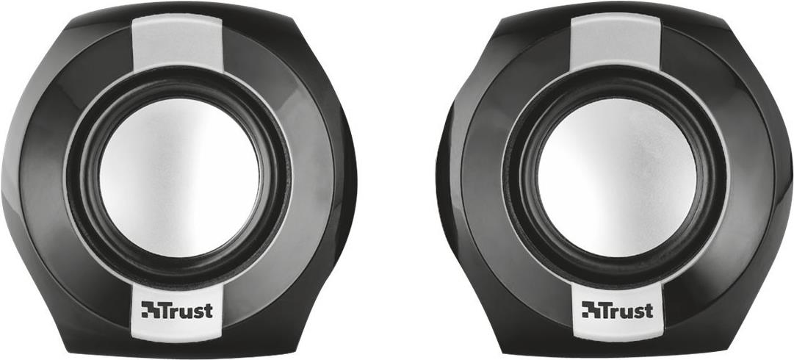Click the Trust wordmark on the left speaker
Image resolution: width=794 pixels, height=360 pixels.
[177, 309]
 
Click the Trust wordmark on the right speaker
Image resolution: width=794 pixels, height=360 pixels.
[617, 309]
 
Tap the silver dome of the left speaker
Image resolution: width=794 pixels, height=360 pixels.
[179, 178]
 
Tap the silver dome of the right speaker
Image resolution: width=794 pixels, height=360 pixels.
[617, 178]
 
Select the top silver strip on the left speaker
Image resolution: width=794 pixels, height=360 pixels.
[178, 44]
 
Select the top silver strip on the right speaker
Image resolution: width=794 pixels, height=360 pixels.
[616, 44]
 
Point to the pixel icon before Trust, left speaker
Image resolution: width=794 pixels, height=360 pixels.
[151, 309]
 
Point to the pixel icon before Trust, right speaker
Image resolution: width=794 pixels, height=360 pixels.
[591, 309]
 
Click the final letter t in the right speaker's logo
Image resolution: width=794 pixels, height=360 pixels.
[649, 310]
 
